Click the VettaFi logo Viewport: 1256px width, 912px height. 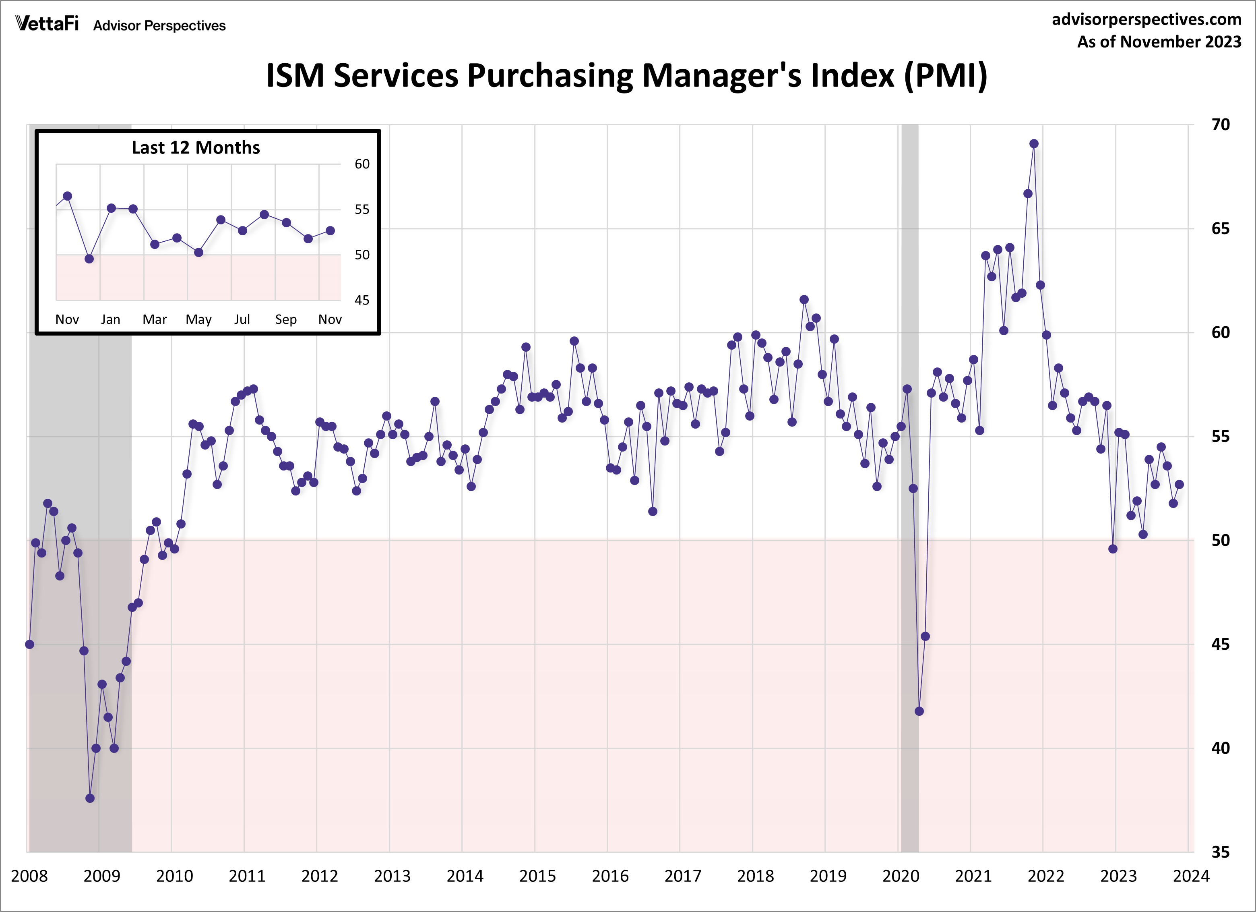click(47, 24)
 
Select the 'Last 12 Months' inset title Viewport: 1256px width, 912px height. click(196, 148)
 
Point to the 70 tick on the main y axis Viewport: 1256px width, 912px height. click(1220, 124)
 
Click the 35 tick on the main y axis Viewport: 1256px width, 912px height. click(1220, 852)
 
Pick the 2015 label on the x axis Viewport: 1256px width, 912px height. click(537, 877)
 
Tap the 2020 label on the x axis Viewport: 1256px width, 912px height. click(901, 877)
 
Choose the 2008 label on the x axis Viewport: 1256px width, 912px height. click(29, 877)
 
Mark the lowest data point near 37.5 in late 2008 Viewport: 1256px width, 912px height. click(90, 798)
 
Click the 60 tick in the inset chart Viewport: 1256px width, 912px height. click(362, 164)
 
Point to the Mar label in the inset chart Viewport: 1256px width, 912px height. click(155, 320)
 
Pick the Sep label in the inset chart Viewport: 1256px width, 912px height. click(286, 320)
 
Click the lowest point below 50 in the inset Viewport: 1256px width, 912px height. click(89, 259)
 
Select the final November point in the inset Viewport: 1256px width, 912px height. click(330, 230)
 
